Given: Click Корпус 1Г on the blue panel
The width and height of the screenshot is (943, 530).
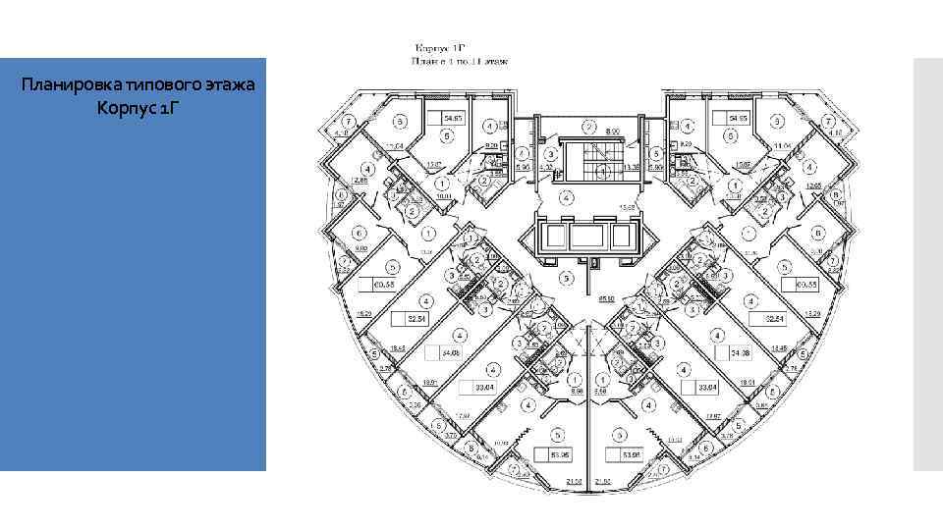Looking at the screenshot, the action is [138, 106].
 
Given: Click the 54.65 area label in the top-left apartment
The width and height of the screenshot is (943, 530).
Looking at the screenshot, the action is [453, 119].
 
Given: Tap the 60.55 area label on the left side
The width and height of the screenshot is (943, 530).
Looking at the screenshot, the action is [383, 285].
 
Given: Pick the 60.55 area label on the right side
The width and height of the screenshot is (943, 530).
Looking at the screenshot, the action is [807, 285].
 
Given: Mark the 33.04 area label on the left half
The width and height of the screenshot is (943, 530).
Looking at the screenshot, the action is [483, 388].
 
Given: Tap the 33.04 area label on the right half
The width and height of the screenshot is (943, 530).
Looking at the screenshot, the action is [707, 388].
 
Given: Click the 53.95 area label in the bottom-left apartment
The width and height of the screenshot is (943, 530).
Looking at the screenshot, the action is [560, 454].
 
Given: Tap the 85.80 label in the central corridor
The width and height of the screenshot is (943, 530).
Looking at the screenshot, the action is [607, 296].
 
